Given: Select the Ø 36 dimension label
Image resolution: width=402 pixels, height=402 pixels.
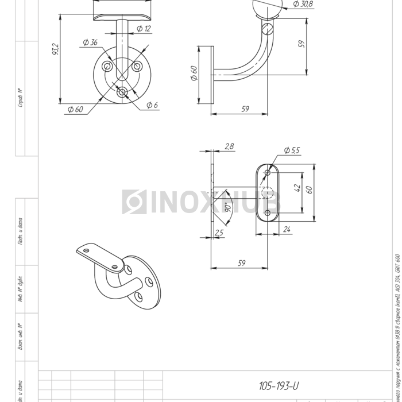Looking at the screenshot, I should (x=90, y=42).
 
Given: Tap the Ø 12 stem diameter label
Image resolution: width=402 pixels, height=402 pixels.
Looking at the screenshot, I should (x=145, y=28).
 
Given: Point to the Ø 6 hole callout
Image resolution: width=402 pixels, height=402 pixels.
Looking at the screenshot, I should (x=152, y=105).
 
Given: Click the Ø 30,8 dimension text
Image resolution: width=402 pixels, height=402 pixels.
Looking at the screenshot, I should (x=302, y=4).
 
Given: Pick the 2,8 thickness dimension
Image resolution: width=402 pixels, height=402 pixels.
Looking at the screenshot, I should (x=229, y=147).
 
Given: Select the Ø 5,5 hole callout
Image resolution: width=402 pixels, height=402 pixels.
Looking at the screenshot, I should (x=292, y=150).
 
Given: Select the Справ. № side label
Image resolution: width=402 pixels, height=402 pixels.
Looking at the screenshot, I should (x=20, y=98).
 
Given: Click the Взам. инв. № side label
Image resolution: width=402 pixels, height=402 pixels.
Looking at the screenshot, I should (x=20, y=337).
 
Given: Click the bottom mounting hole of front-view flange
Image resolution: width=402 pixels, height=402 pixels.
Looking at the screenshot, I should (x=122, y=92).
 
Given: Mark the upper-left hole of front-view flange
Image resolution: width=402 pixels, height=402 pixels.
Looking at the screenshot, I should (x=107, y=67).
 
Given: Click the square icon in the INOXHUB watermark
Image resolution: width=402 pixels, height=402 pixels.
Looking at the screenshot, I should (x=134, y=202).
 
